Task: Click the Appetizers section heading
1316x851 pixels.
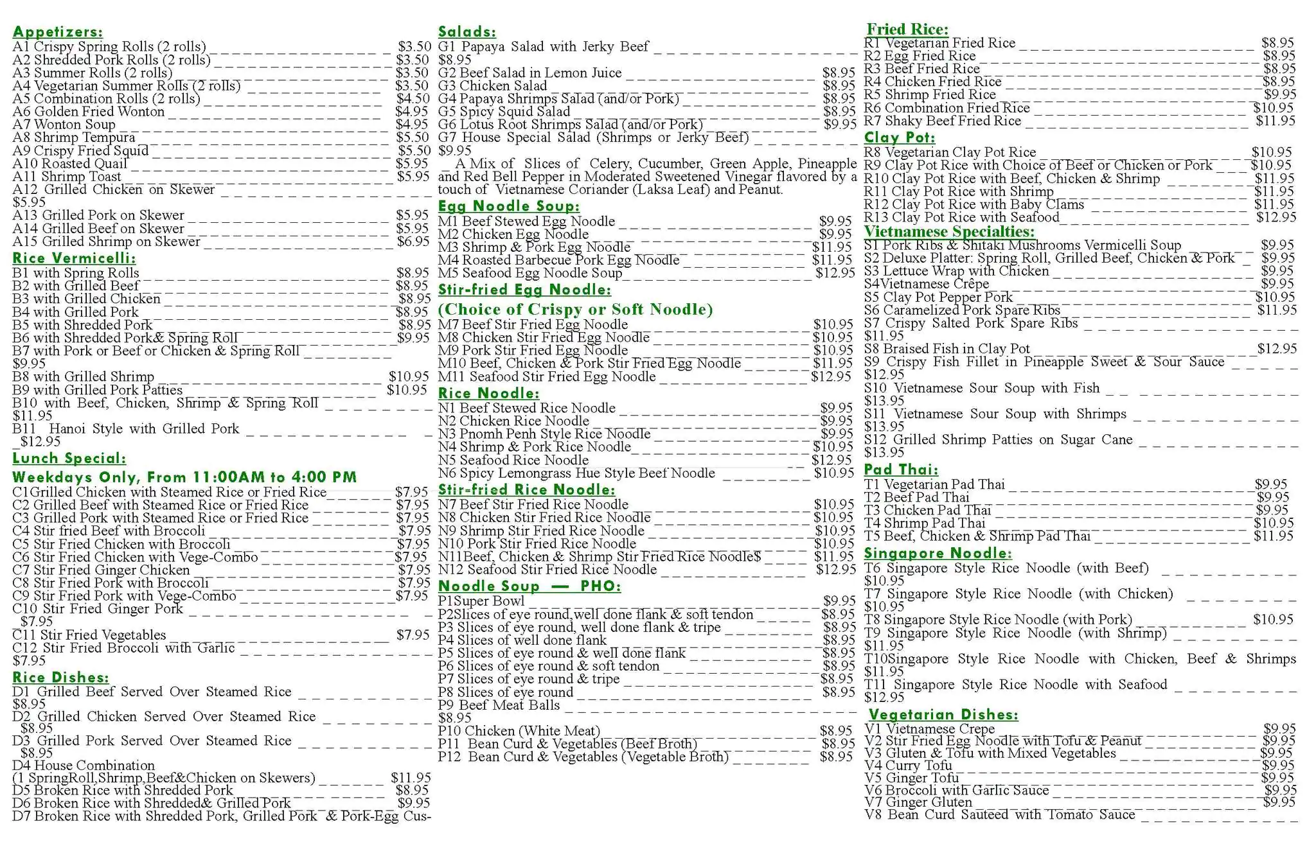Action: tap(57, 32)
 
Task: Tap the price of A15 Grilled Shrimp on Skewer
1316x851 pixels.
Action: tap(413, 241)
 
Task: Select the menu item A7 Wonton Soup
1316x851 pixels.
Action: tap(64, 125)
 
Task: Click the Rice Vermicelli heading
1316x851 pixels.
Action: tap(74, 258)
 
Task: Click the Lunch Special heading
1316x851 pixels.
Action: tap(69, 459)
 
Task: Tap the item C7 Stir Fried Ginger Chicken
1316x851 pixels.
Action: tap(102, 570)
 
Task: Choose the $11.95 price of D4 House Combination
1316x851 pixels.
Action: tap(411, 778)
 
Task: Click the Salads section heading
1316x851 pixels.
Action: tap(467, 32)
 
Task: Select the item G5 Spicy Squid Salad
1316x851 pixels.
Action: tap(504, 112)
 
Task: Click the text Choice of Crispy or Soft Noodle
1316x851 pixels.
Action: tap(575, 310)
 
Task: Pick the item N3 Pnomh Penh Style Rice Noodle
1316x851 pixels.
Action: tap(544, 434)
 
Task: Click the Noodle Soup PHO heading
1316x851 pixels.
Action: tap(529, 586)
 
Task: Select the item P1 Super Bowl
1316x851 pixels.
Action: tap(481, 601)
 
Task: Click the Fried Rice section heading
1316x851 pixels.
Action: tap(907, 30)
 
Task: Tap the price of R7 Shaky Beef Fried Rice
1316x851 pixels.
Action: tap(1276, 121)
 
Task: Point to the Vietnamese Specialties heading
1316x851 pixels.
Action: tap(949, 232)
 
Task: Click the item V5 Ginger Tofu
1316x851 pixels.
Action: tap(911, 778)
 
